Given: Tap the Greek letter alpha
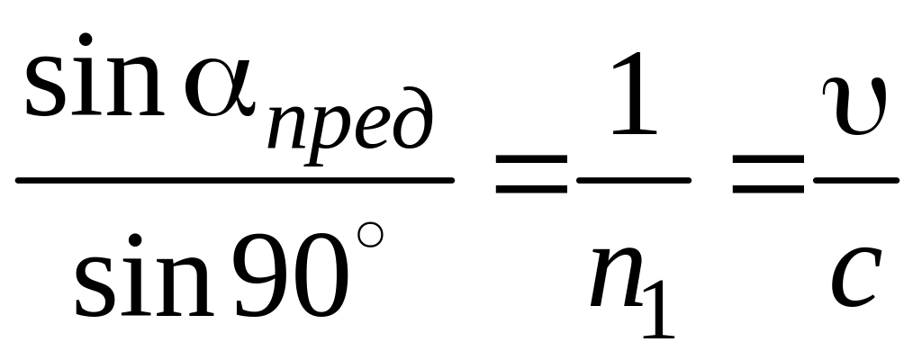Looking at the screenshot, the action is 220,90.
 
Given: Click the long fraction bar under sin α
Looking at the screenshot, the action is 235,179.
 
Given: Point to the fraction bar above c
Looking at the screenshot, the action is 854,179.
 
